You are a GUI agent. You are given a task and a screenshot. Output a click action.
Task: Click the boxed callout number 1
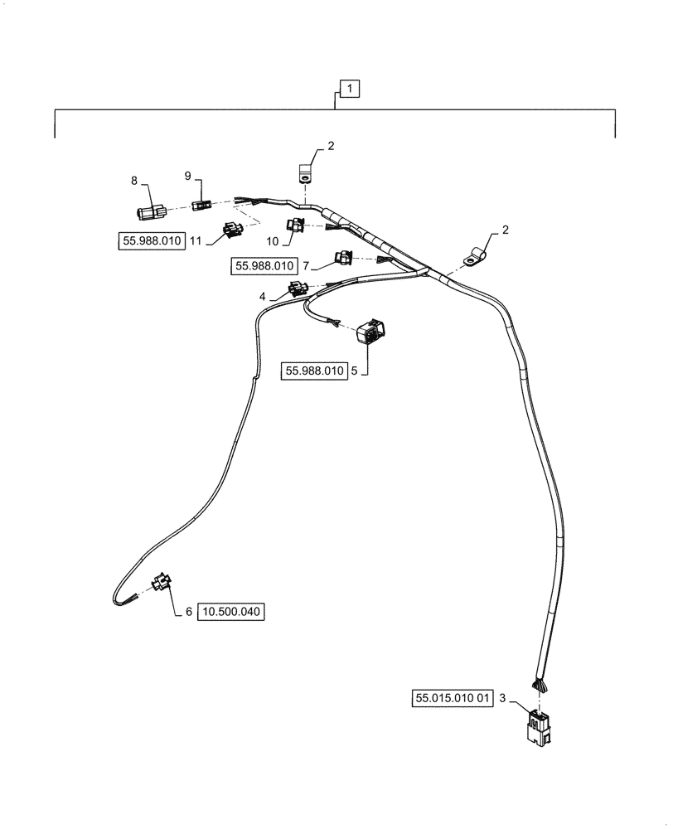pos(349,88)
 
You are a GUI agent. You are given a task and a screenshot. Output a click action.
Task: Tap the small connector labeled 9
pos(200,206)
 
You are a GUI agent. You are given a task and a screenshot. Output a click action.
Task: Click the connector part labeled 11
pos(231,230)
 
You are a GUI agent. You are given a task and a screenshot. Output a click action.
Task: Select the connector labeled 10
pos(295,223)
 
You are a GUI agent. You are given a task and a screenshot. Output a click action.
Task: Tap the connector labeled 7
pos(343,259)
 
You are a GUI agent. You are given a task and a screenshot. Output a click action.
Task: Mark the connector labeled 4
pos(297,289)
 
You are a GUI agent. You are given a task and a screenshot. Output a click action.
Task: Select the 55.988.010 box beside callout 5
pos(314,371)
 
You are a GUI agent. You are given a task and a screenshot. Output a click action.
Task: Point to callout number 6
pos(188,612)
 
